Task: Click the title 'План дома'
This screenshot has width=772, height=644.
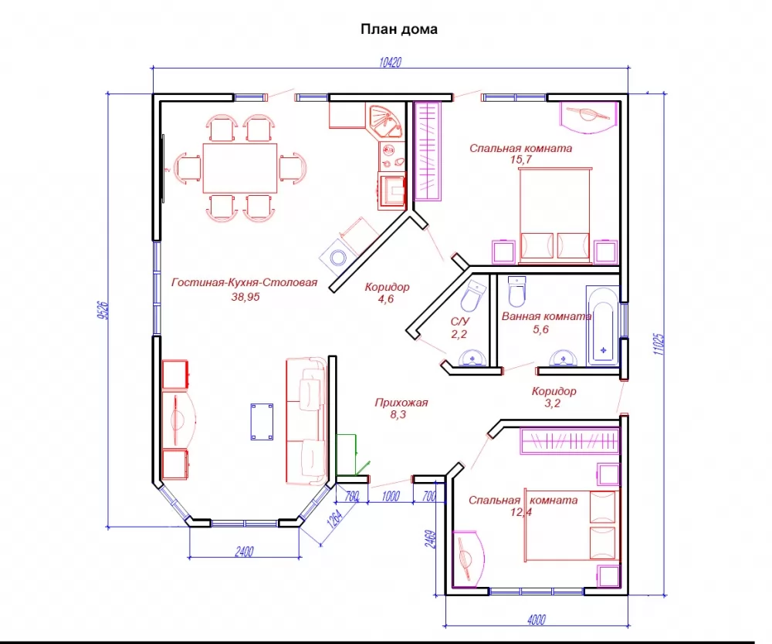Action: (399, 29)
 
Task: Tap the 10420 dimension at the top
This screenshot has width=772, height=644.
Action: (391, 62)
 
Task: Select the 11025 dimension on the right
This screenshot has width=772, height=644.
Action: (659, 345)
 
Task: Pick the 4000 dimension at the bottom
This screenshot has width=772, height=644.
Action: (537, 619)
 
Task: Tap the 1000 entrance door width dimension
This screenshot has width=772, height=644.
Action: (391, 497)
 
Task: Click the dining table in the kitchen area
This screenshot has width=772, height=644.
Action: (240, 168)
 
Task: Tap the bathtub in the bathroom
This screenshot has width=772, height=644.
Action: (602, 325)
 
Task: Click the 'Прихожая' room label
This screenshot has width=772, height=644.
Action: (401, 403)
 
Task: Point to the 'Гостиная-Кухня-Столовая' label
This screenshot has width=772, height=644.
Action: (244, 282)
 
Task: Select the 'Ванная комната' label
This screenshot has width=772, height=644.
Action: (547, 316)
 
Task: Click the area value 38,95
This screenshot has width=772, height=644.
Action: (245, 297)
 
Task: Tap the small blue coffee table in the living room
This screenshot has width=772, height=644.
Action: (262, 422)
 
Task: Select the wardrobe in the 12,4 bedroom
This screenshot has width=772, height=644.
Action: (570, 440)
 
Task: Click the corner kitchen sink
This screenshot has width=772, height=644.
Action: (384, 121)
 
